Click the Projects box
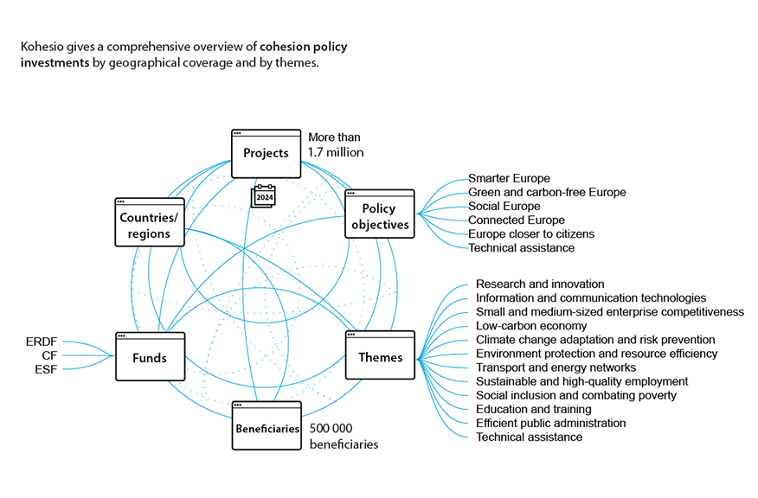(266, 153)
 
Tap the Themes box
(380, 355)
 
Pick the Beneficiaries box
(267, 426)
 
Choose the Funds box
(149, 355)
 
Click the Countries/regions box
(148, 224)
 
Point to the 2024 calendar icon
(262, 197)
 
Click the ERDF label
(42, 342)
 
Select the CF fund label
(49, 356)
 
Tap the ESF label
(45, 370)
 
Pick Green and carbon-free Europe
(547, 193)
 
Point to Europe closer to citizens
(531, 234)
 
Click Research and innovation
(540, 284)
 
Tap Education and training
(534, 409)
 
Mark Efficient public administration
(550, 423)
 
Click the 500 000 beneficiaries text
(344, 436)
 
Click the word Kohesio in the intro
(42, 47)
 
